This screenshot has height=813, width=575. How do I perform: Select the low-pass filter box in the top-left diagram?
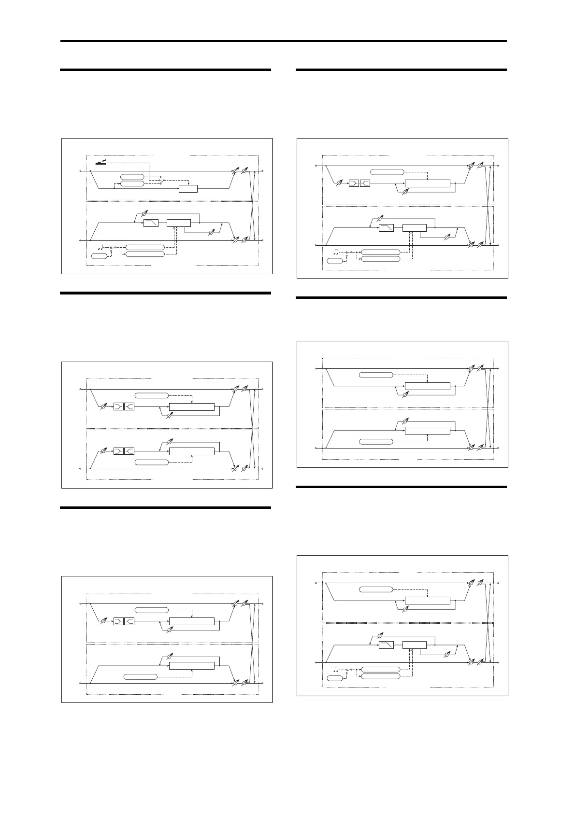tap(151, 223)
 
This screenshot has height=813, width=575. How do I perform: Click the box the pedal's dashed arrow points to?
tap(188, 188)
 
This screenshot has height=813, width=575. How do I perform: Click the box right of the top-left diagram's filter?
tap(179, 223)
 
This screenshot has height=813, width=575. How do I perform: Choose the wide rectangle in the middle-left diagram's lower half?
tap(192, 451)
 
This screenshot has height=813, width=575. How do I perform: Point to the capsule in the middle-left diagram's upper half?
tap(152, 395)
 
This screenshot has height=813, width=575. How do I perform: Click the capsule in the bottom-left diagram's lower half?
tap(141, 676)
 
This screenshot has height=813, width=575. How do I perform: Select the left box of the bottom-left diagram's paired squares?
tap(118, 621)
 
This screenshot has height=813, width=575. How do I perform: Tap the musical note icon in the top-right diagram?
tap(336, 252)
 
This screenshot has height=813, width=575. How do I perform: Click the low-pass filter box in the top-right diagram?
tap(387, 228)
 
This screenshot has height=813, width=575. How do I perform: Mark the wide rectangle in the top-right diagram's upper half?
tap(428, 183)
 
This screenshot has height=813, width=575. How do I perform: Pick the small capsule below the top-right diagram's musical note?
tap(335, 261)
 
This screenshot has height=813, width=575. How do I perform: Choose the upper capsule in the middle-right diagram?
tap(376, 375)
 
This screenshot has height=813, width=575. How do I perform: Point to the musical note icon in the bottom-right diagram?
tap(336, 669)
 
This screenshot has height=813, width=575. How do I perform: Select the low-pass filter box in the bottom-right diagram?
tap(387, 645)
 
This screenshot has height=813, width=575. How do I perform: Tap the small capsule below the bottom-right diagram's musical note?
tap(335, 678)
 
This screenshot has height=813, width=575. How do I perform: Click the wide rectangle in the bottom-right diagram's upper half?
tap(428, 601)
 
